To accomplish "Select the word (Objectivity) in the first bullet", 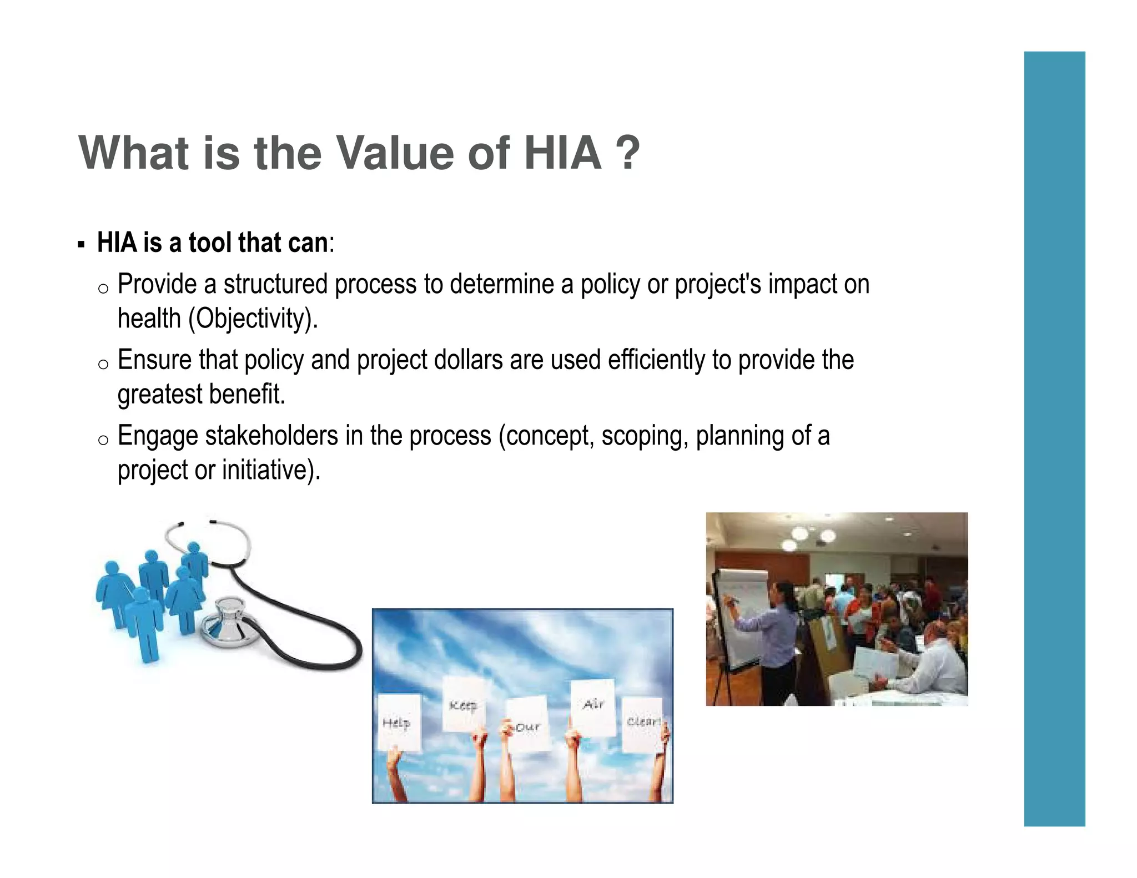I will pos(253,319).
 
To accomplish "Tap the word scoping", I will pos(645,436).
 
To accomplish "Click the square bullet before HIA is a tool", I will pos(81,244).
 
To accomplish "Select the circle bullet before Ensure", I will pos(103,365).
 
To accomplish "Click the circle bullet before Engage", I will pos(103,440).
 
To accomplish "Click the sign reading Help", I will pos(399,723).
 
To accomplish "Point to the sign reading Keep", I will pos(464,705).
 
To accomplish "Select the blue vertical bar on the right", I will pos(1054,438).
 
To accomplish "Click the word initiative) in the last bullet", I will pos(271,471).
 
